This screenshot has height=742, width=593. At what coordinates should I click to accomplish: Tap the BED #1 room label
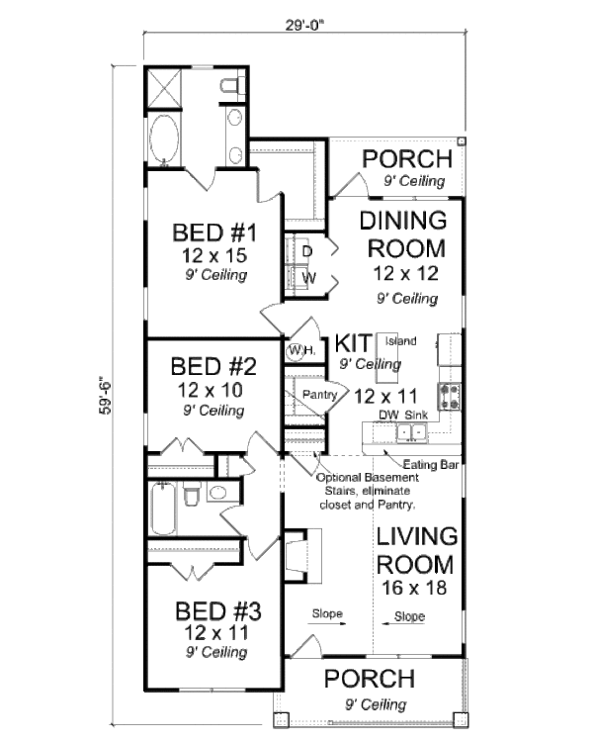[214, 234]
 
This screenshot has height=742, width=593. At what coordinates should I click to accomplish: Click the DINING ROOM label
[402, 233]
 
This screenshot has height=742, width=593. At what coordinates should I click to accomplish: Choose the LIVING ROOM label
[415, 551]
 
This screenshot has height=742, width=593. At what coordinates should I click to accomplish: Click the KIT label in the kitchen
[353, 343]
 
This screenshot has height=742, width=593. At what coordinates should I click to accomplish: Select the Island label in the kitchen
[400, 341]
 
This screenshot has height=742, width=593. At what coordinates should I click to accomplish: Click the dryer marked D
[307, 251]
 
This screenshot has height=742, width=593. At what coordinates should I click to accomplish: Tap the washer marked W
[307, 278]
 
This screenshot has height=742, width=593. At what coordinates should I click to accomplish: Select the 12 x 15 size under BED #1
[213, 256]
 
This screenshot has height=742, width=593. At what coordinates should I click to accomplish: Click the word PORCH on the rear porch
[407, 159]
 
